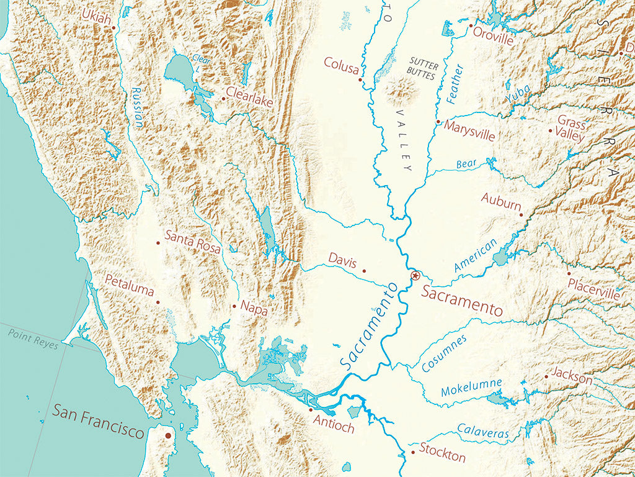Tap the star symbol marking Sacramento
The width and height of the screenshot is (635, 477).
click(x=415, y=275)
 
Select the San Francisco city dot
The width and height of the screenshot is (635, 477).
click(x=167, y=437)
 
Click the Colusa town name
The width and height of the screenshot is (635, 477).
click(x=341, y=65)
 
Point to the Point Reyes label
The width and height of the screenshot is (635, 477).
click(x=32, y=339)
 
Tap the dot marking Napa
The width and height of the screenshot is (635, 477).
click(x=234, y=306)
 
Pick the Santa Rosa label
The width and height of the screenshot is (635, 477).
click(x=193, y=242)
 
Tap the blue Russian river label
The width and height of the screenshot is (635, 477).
click(x=137, y=107)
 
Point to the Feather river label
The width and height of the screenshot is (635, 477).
click(x=455, y=83)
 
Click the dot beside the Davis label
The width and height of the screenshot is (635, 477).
click(x=364, y=271)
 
